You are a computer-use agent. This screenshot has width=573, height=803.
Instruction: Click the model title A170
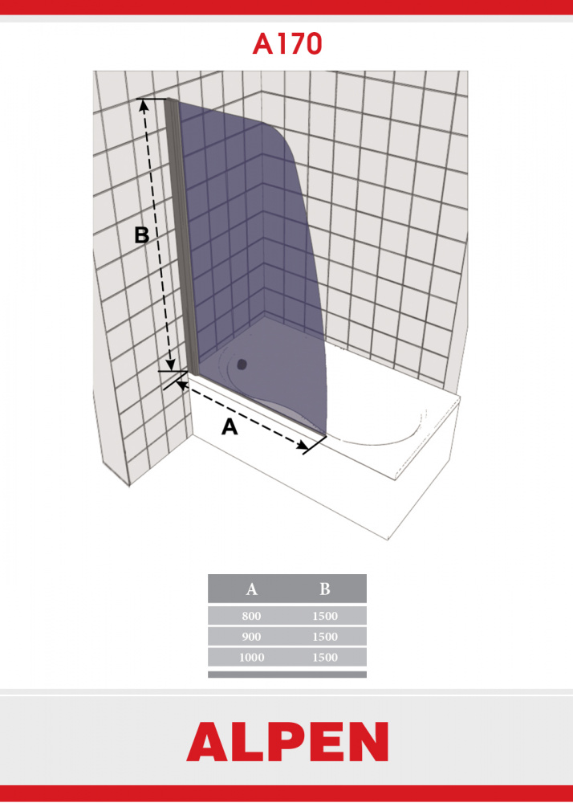[287, 44]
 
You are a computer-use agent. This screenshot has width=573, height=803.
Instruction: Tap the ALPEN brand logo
[287, 741]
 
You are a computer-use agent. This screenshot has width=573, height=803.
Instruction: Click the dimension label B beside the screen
[142, 235]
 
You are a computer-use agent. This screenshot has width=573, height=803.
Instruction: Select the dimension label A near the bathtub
[230, 426]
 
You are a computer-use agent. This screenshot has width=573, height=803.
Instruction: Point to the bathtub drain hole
[242, 364]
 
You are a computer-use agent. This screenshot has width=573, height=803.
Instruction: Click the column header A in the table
[251, 589]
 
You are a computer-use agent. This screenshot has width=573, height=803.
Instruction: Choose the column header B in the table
[325, 589]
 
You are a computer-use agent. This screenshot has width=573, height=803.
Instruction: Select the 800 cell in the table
[251, 616]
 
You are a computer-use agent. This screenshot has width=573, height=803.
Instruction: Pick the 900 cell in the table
[251, 637]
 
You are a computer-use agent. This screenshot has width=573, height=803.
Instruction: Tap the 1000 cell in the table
[251, 657]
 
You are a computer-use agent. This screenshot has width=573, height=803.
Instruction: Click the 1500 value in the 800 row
[325, 616]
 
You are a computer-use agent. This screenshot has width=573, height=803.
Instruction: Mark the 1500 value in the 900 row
[325, 637]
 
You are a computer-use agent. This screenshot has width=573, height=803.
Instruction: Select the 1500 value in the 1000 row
[325, 657]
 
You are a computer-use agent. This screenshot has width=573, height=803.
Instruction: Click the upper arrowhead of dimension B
[144, 104]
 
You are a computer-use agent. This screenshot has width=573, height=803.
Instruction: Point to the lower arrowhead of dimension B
[171, 365]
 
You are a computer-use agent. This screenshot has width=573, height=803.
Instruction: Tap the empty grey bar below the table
[287, 675]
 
